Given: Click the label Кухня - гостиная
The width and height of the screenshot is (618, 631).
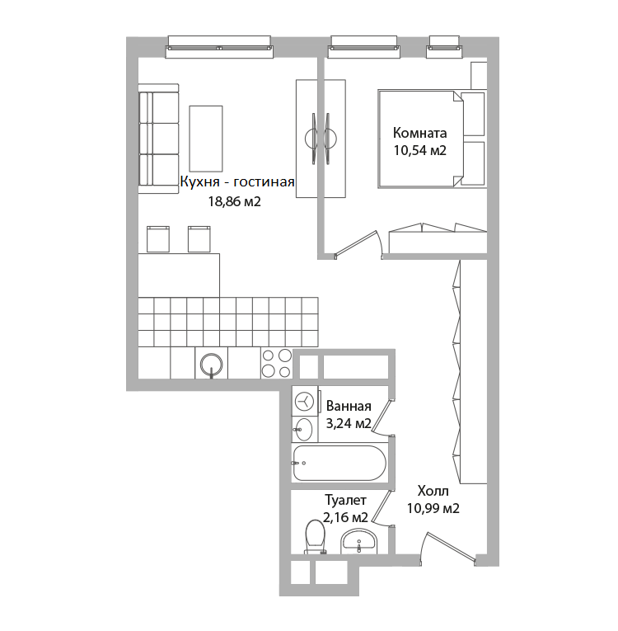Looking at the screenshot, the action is (237, 182).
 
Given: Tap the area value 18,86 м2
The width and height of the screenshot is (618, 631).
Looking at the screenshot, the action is (234, 201).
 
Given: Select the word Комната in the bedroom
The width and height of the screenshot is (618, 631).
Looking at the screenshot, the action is (419, 133).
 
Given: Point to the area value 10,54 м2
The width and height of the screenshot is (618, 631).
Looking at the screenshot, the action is (419, 150).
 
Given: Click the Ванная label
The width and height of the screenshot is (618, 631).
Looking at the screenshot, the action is (349, 406).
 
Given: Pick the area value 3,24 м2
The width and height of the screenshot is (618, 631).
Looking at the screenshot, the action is (349, 423).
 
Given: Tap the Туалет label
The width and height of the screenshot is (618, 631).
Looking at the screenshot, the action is (345, 500).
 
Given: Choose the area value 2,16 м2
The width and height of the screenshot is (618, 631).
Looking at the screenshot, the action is (345, 517).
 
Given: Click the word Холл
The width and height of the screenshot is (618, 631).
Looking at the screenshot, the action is (433, 491).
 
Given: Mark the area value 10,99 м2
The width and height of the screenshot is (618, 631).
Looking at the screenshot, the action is (433, 509).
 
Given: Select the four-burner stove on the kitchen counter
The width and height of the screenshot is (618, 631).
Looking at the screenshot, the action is (277, 364).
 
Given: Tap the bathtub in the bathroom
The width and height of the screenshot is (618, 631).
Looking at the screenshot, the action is (339, 463).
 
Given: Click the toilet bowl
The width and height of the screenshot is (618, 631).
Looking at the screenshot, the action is (316, 537).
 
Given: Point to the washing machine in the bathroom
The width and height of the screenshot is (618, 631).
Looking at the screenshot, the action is (304, 401).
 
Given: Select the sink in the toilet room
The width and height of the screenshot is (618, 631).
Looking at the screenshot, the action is (358, 542).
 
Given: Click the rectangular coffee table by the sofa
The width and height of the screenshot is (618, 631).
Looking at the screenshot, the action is (206, 139).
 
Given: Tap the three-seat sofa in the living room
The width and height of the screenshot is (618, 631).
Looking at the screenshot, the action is (158, 139).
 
